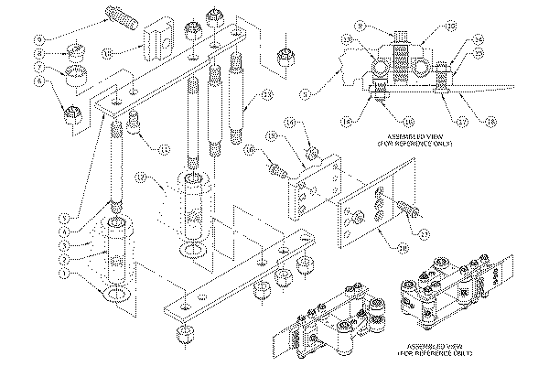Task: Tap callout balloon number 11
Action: coord(164,148)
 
